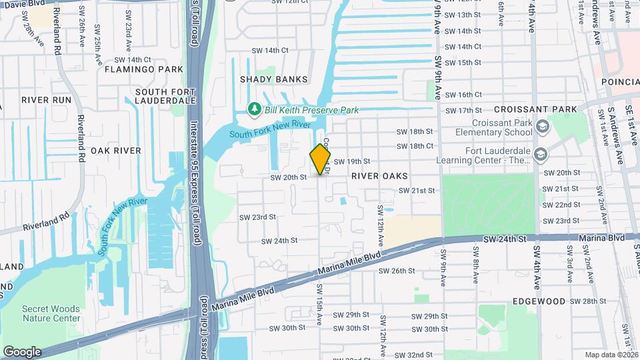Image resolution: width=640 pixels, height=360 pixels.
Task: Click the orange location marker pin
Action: [x=320, y=159]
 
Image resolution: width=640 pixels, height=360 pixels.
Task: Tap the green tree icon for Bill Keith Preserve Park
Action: [x=253, y=109]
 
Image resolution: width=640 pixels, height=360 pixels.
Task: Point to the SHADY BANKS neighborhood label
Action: [x=274, y=79]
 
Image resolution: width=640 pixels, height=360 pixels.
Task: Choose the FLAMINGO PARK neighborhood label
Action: [x=143, y=69]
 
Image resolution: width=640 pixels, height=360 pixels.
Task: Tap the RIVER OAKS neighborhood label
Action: [x=379, y=175]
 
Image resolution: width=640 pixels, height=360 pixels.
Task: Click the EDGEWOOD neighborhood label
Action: [x=539, y=301]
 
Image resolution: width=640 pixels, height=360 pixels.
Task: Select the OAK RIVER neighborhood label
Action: [x=116, y=151]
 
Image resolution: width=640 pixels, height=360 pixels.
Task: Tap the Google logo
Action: [x=22, y=351]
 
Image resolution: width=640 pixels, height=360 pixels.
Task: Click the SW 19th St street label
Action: [x=351, y=161]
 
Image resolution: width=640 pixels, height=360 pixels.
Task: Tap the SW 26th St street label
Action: [x=397, y=271]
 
